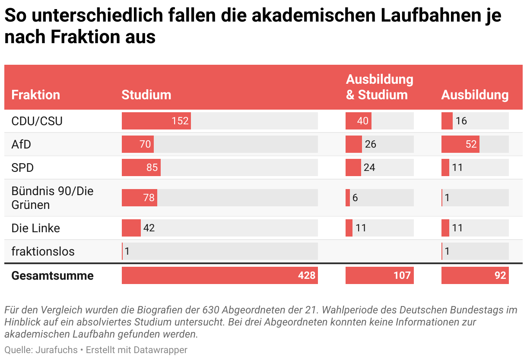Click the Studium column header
pyautogui.click(x=146, y=95)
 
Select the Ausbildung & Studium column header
pyautogui.click(x=379, y=87)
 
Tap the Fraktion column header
pyautogui.click(x=35, y=95)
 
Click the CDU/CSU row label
pyautogui.click(x=37, y=121)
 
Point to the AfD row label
pyautogui.click(x=21, y=144)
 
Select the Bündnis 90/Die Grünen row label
pyautogui.click(x=52, y=198)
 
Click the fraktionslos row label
pyautogui.click(x=43, y=251)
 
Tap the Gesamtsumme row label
pyautogui.click(x=52, y=275)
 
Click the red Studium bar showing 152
pyautogui.click(x=156, y=121)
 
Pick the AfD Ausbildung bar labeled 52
pyautogui.click(x=460, y=144)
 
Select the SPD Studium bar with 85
pyautogui.click(x=141, y=167)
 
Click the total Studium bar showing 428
pyautogui.click(x=219, y=275)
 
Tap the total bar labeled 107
pyautogui.click(x=379, y=275)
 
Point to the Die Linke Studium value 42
pyautogui.click(x=149, y=228)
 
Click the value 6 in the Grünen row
pyautogui.click(x=355, y=198)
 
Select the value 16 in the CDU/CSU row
pyautogui.click(x=461, y=121)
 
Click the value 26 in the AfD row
pyautogui.click(x=370, y=144)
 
